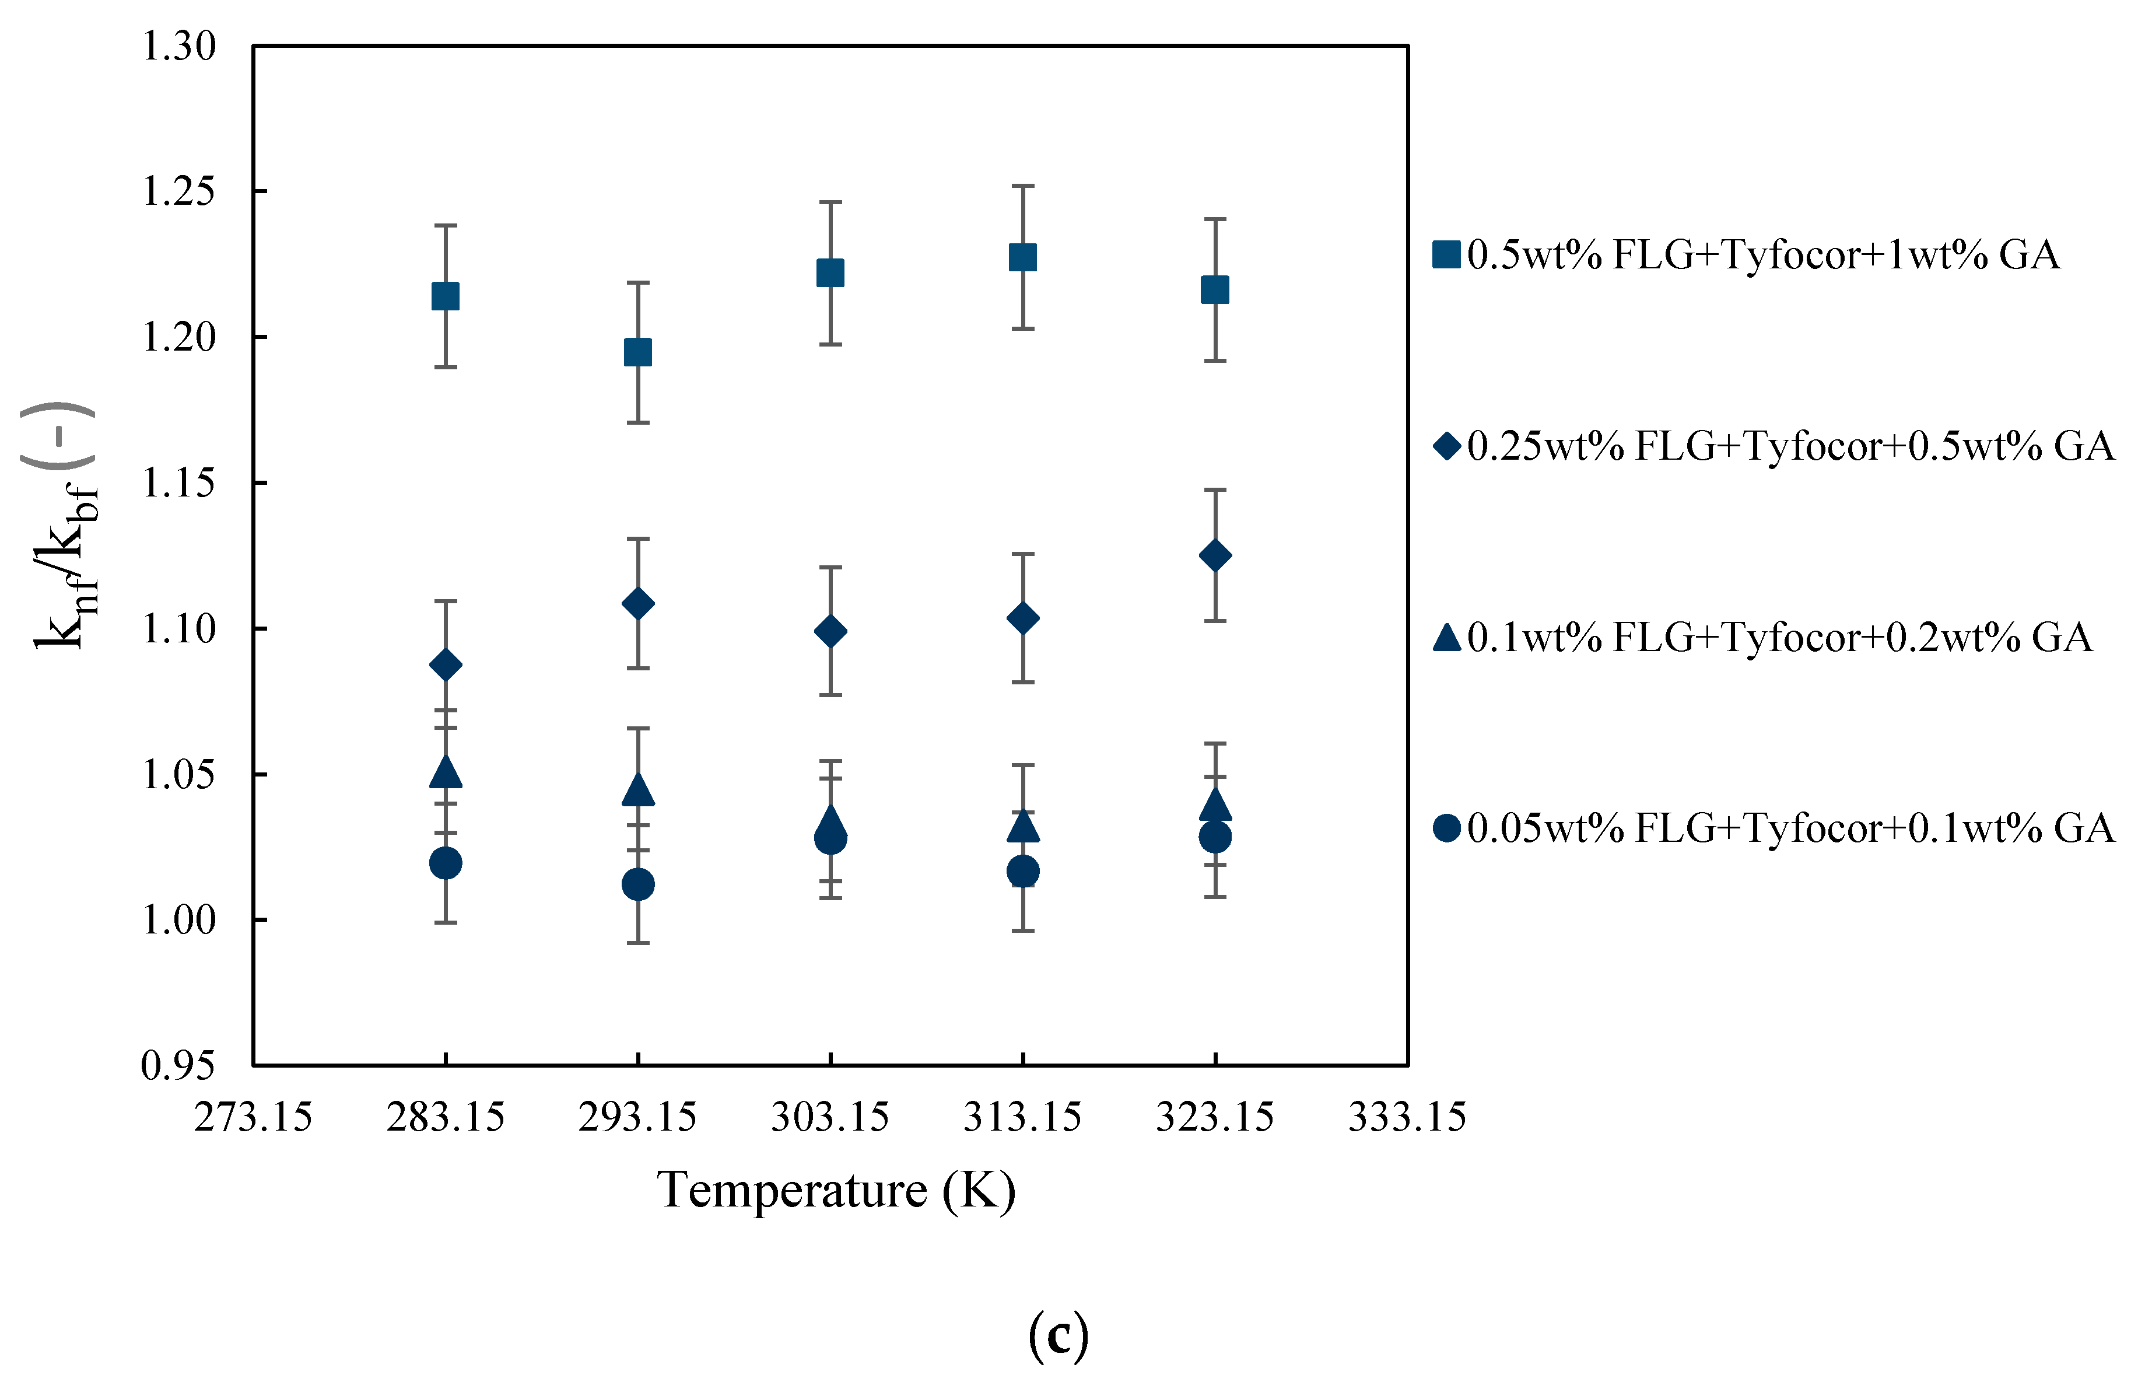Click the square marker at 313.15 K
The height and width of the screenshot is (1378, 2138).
(1022, 258)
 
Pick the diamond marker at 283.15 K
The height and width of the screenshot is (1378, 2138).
(446, 665)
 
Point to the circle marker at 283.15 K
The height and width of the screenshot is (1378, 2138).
(446, 863)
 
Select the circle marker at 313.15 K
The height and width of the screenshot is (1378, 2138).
(1022, 870)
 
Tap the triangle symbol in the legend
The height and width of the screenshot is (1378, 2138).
(1446, 637)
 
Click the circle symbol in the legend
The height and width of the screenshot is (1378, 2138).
(1446, 828)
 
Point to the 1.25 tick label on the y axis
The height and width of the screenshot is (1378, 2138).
(179, 191)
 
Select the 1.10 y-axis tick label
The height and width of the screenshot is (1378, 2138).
(179, 629)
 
